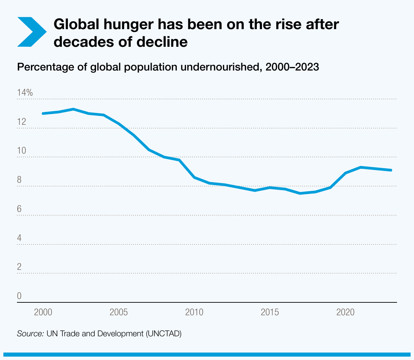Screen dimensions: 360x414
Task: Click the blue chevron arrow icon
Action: [31, 32]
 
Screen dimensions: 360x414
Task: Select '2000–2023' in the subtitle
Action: [292, 67]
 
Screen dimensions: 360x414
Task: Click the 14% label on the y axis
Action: [25, 93]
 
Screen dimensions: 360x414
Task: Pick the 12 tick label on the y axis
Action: [21, 122]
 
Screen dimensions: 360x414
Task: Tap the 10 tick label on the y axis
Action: [21, 151]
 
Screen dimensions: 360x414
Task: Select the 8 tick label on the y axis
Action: [19, 180]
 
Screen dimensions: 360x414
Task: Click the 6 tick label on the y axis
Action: [19, 209]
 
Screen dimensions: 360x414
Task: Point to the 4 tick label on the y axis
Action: [19, 238]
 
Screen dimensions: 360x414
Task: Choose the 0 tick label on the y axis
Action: [19, 296]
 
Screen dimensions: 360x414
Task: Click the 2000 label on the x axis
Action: [43, 312]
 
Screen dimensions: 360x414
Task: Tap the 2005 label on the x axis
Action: [119, 312]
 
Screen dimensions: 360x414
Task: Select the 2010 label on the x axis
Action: [194, 312]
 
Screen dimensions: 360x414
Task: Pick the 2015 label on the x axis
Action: [270, 312]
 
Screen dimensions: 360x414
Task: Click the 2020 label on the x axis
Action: [345, 312]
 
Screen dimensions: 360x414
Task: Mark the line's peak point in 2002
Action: [73, 109]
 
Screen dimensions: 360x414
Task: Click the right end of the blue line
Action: [391, 170]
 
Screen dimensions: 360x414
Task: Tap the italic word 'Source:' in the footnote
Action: [30, 334]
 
